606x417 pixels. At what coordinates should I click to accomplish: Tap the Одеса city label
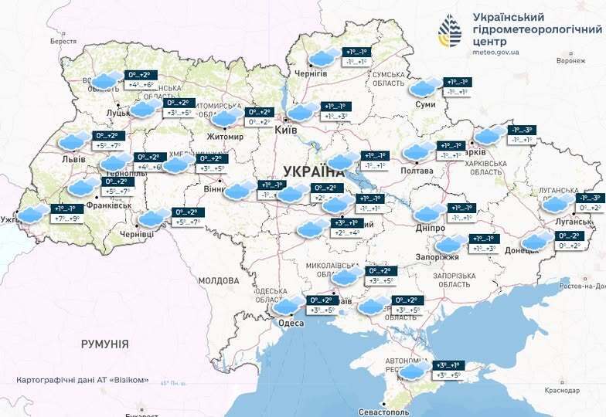[291, 323]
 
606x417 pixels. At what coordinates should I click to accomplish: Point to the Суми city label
[425, 103]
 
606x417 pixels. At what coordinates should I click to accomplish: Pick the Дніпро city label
[429, 229]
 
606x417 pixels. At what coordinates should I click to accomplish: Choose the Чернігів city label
[312, 73]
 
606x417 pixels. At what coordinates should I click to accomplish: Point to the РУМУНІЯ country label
[104, 344]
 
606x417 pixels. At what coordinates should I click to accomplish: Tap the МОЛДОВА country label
[219, 280]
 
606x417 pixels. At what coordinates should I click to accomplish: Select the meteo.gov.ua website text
[495, 53]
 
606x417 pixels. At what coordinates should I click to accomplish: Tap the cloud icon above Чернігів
[323, 57]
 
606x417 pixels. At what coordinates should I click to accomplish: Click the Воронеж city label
[570, 59]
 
